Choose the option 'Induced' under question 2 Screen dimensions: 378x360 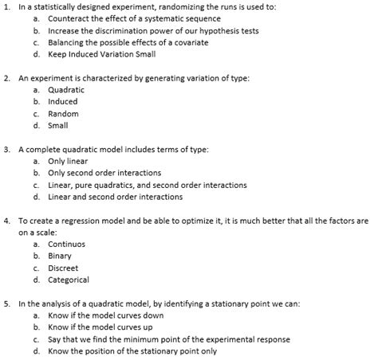[63, 102]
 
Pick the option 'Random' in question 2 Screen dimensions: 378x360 [63, 114]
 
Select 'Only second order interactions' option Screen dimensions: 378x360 [104, 173]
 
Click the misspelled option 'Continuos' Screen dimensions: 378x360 [66, 244]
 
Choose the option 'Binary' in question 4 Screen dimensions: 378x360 [60, 256]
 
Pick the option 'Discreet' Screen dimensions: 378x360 [63, 268]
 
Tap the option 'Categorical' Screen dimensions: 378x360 [69, 280]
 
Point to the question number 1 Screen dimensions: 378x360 [7, 6]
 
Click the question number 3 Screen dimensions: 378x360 [7, 149]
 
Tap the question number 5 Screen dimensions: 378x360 [7, 303]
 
